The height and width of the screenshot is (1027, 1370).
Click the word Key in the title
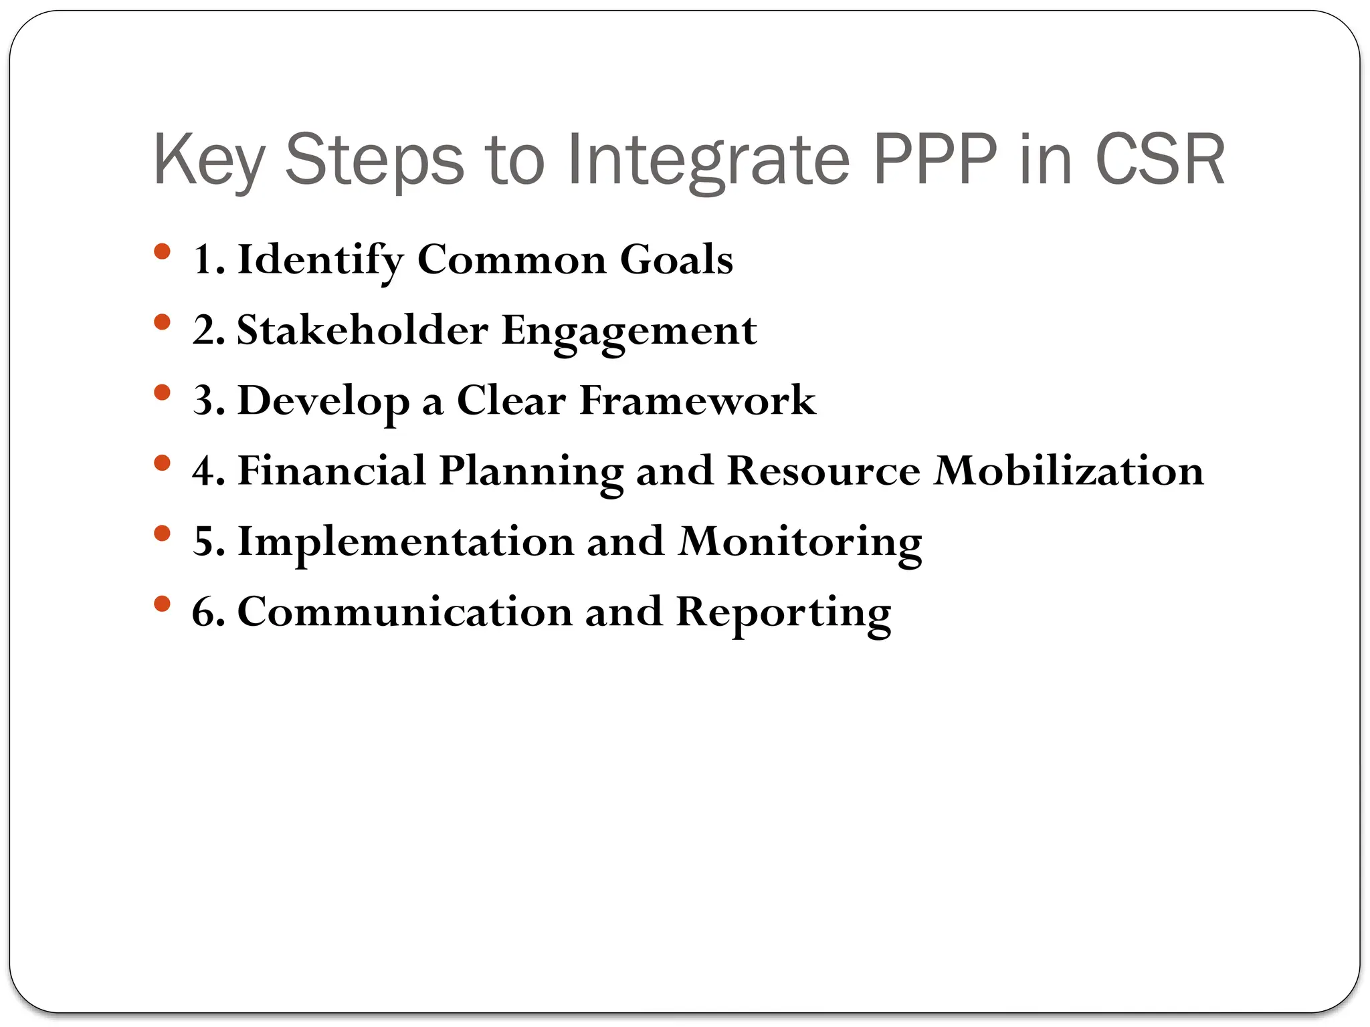209,160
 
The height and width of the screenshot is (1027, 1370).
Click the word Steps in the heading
374,160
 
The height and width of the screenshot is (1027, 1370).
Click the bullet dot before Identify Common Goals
162,252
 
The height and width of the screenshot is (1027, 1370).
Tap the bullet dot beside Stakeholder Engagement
162,322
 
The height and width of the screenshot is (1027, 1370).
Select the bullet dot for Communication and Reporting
162,604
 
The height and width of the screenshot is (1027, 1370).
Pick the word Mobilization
1068,471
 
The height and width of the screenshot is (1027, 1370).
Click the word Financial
332,471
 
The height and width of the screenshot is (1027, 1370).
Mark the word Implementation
406,541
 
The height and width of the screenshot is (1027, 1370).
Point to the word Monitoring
800,542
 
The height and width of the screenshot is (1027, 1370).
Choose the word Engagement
629,331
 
